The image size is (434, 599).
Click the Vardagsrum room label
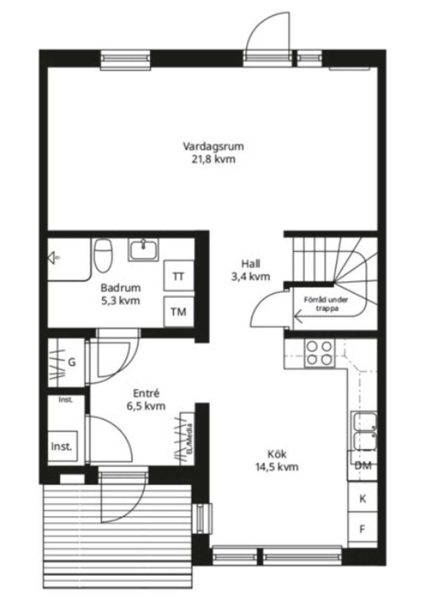pyautogui.click(x=213, y=147)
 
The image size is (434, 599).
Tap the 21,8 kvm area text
pyautogui.click(x=213, y=159)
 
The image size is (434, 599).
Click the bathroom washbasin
pyautogui.click(x=144, y=250)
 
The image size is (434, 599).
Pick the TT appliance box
pyautogui.click(x=179, y=276)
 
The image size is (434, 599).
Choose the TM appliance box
pyautogui.click(x=179, y=312)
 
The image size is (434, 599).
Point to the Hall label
pyautogui.click(x=250, y=264)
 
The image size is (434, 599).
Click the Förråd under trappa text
pyautogui.click(x=325, y=304)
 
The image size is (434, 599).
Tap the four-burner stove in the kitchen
pyautogui.click(x=319, y=353)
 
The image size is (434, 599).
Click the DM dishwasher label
pyautogui.click(x=363, y=466)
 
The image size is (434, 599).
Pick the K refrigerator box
pyautogui.click(x=363, y=499)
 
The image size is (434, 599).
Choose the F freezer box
pyautogui.click(x=363, y=529)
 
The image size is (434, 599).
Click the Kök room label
pyautogui.click(x=277, y=454)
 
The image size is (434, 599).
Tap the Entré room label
pyautogui.click(x=146, y=394)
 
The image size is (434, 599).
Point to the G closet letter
pyautogui.click(x=72, y=362)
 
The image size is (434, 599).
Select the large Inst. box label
pyautogui.click(x=61, y=447)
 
